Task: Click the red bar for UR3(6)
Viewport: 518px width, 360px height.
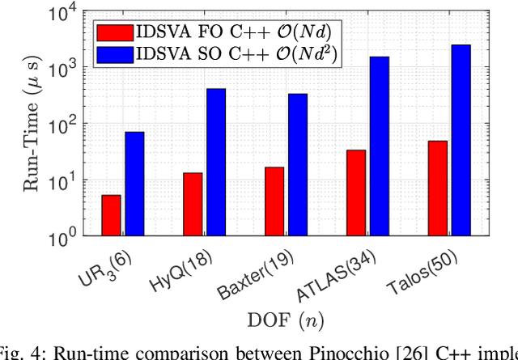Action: point(111,215)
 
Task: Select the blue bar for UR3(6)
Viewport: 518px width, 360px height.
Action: point(134,184)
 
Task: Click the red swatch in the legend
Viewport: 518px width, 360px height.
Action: point(112,32)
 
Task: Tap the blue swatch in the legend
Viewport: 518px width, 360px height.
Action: point(112,54)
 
